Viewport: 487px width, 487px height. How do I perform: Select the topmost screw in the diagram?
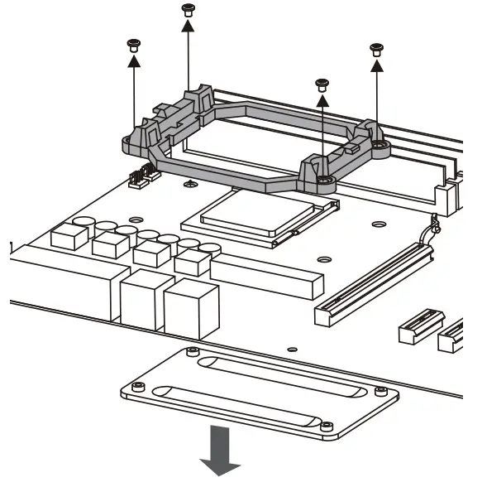tap(187, 8)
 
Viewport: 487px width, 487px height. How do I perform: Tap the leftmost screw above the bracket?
tap(131, 45)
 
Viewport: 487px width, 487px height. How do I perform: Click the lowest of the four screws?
tap(322, 83)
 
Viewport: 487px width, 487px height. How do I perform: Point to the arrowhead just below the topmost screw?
tap(187, 26)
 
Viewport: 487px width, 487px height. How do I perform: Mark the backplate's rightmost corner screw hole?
tap(380, 390)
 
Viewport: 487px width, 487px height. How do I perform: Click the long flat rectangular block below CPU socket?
tap(266, 276)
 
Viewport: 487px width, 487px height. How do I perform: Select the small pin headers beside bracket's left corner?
tap(144, 176)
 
